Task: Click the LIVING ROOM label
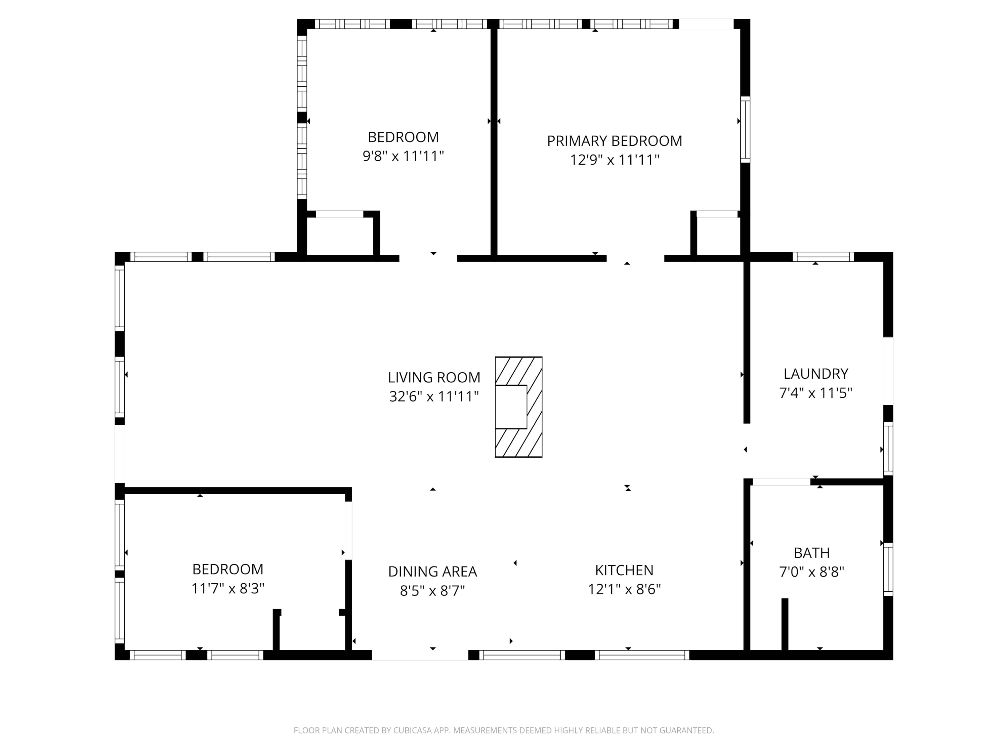point(434,377)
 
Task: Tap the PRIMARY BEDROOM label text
point(614,141)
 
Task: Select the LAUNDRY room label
point(816,374)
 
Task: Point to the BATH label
point(811,553)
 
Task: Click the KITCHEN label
point(624,570)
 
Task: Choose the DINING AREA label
point(432,572)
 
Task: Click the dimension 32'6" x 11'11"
point(434,396)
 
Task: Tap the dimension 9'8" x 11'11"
point(403,156)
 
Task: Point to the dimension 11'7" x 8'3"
point(228,589)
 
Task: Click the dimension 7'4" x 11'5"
point(816,393)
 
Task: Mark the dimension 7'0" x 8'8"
point(811,572)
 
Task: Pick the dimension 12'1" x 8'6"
point(624,589)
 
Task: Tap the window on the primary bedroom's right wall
point(745,129)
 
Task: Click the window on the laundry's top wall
point(823,257)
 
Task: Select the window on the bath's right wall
point(888,569)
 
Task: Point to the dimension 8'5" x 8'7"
point(432,591)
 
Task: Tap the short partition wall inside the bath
point(785,624)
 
